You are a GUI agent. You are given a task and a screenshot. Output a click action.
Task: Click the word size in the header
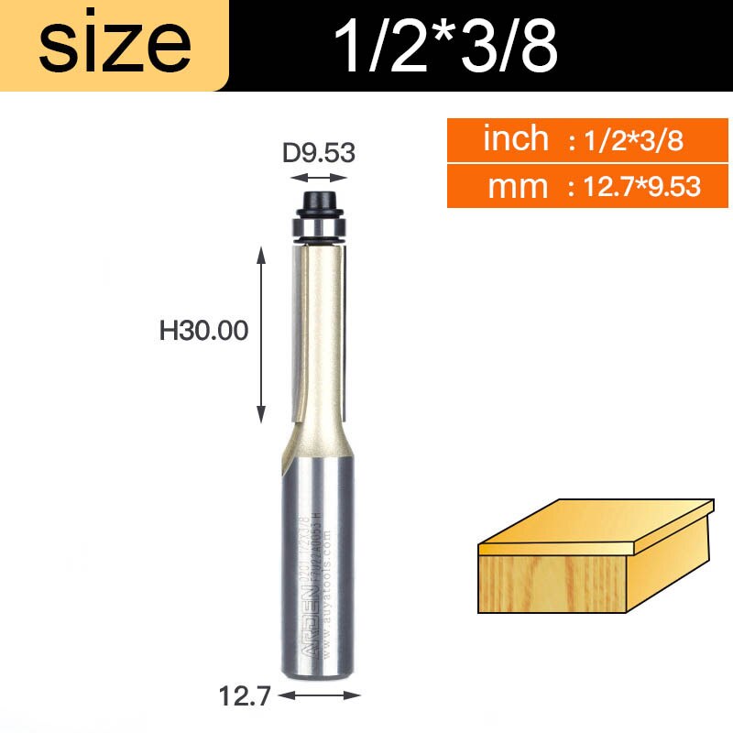point(115,44)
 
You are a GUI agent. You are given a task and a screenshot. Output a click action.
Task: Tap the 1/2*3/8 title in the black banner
point(446,46)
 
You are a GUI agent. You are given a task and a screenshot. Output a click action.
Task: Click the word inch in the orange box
point(516,139)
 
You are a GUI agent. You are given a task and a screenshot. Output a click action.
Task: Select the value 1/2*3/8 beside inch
point(627,141)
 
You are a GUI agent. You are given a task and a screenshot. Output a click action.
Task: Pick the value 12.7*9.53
point(634,188)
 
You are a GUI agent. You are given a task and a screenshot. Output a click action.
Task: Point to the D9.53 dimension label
point(318,152)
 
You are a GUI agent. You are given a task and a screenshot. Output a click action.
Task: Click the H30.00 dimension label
point(204,331)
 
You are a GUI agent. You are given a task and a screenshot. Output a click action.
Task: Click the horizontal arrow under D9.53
point(318,179)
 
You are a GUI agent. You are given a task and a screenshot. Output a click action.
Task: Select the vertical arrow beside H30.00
point(262,334)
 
